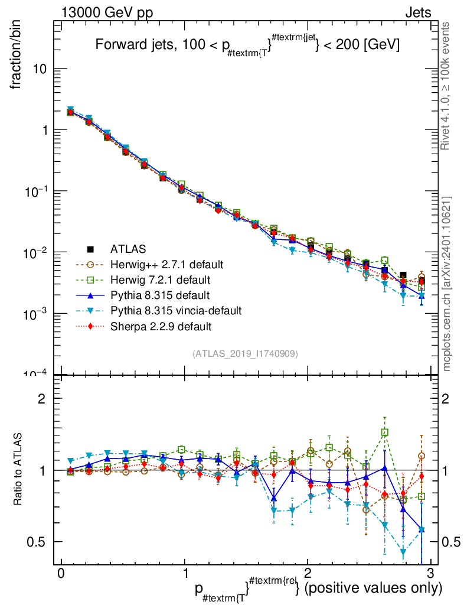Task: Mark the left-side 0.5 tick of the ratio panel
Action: (41, 542)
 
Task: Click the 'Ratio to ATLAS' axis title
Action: (19, 470)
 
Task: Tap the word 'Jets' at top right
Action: (417, 12)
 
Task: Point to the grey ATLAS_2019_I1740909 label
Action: (245, 353)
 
